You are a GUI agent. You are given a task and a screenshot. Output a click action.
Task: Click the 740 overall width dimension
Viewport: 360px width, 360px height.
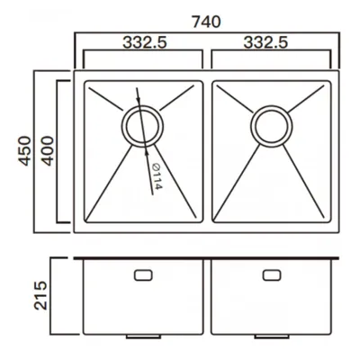(206, 22)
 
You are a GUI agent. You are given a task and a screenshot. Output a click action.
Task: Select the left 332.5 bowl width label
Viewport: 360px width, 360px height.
(145, 42)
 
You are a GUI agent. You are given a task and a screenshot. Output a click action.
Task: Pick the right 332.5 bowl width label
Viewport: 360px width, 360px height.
(265, 42)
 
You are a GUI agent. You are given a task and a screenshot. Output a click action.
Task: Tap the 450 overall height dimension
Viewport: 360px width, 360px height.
(25, 151)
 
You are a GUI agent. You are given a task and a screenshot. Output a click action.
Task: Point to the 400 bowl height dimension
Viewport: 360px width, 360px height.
(48, 151)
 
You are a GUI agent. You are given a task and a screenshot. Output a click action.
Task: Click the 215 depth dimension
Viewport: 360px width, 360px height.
(40, 295)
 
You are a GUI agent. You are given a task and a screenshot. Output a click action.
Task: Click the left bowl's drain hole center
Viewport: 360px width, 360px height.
(142, 126)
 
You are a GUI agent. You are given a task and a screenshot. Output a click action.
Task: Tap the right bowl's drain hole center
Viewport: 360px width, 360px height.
(271, 126)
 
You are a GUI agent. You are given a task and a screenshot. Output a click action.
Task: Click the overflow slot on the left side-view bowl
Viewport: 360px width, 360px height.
(143, 275)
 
